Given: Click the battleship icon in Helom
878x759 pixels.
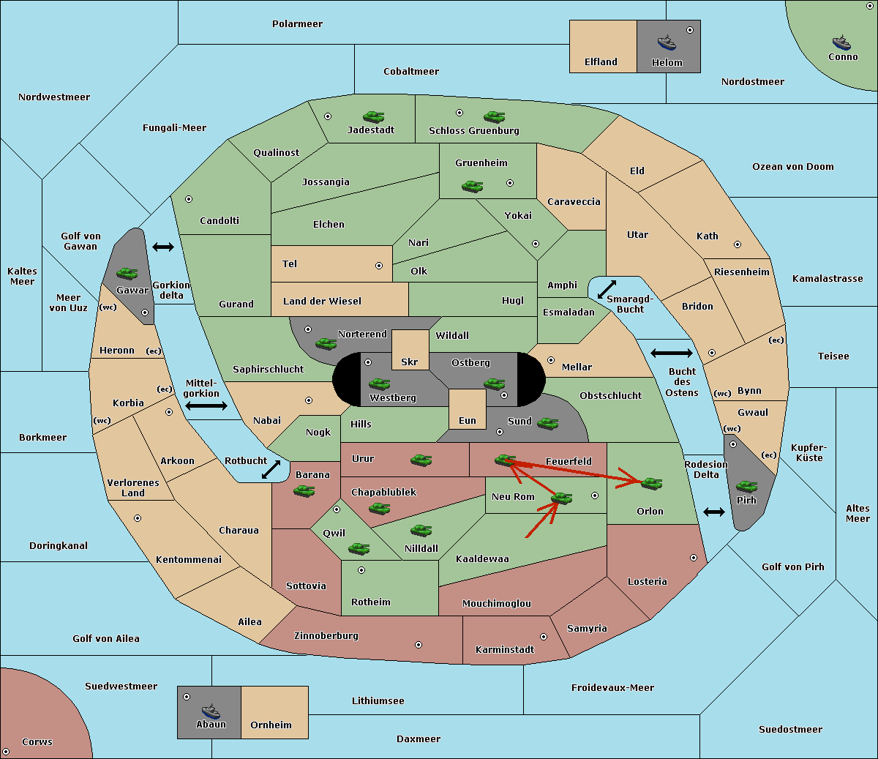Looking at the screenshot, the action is (x=667, y=42).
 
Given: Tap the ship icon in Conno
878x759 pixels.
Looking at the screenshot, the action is (x=841, y=43).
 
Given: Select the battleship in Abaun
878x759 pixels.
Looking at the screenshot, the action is (x=211, y=711).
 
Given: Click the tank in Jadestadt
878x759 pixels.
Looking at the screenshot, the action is (x=373, y=116).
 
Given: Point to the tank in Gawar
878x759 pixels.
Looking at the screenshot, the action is (x=127, y=273).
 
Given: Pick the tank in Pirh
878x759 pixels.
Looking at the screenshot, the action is (x=746, y=486).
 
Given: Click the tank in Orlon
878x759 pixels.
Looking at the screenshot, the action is (x=651, y=483).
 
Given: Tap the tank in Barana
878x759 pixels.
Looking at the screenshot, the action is (x=304, y=491).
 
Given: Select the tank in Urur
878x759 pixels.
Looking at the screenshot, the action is (x=421, y=460).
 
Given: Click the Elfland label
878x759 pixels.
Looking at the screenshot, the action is (x=601, y=62).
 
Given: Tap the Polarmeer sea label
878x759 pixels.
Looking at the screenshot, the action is (x=297, y=24).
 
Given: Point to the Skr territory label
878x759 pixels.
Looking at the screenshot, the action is (x=410, y=362).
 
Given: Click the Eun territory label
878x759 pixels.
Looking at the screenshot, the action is (x=468, y=420).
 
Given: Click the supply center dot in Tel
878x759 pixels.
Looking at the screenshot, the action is (x=379, y=266).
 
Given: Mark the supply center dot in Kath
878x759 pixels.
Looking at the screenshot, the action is (x=738, y=244).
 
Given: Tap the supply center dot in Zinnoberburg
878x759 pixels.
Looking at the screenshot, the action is (x=419, y=645).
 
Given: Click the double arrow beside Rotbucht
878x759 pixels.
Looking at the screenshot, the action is (x=271, y=469).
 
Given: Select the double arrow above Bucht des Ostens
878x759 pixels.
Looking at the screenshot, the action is (x=672, y=353).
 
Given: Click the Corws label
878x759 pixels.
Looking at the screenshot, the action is (x=37, y=741).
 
